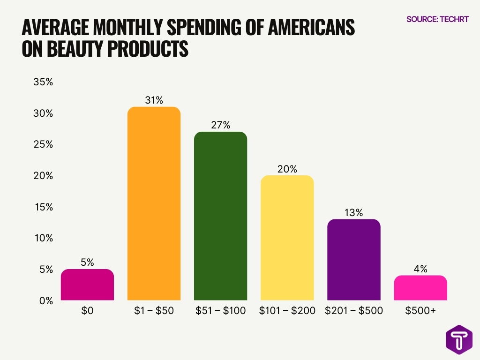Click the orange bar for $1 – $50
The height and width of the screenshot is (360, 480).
point(154,203)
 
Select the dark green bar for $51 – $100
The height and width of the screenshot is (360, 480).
point(220,216)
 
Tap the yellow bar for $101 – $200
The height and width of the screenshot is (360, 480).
point(287,238)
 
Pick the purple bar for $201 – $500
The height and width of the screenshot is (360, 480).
point(353,259)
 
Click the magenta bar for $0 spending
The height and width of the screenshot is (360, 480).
point(87,285)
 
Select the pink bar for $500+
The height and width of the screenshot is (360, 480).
point(420,287)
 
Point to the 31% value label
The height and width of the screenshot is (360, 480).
point(154,100)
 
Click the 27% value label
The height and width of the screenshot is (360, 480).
point(220,125)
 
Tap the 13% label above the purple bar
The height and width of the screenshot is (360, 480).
point(353,212)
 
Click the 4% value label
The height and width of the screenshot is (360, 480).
point(420,269)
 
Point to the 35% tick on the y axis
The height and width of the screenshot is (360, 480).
point(43,82)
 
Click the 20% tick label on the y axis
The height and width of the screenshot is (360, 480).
point(43,176)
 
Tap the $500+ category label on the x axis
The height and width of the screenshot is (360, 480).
point(420,311)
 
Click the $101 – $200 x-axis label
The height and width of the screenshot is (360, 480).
point(287,311)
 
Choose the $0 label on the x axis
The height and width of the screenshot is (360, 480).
point(87,311)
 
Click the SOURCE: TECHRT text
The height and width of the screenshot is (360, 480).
point(437,19)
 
